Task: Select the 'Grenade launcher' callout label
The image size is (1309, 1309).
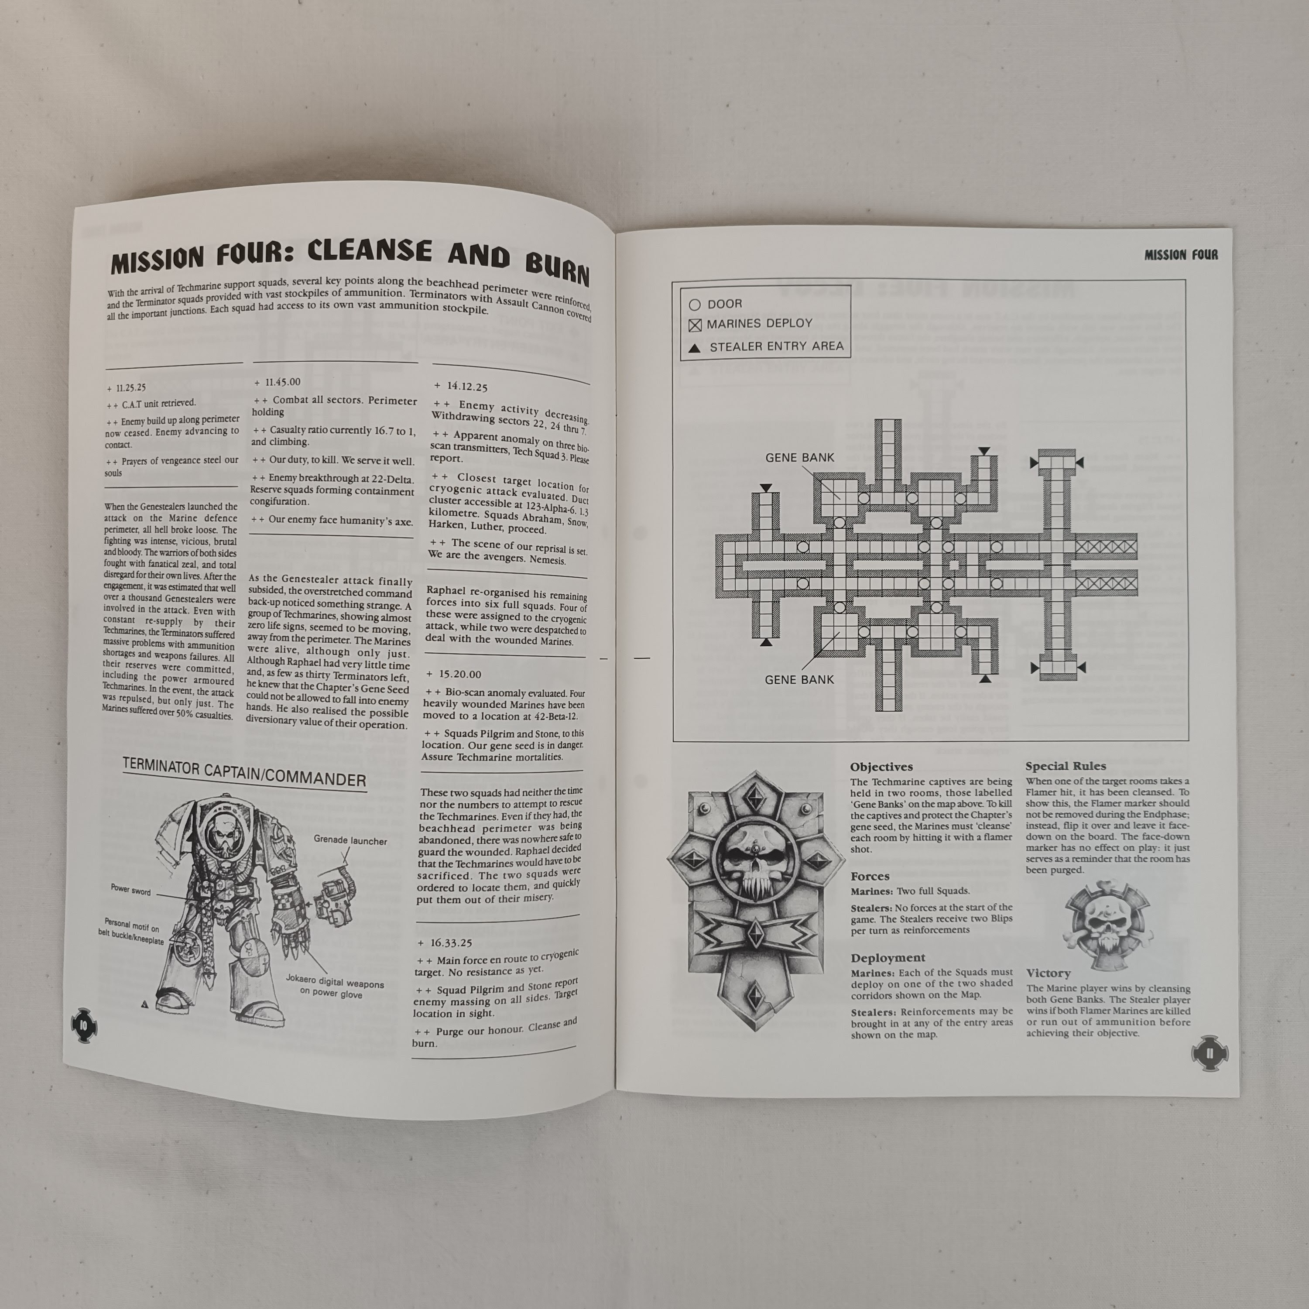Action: [350, 840]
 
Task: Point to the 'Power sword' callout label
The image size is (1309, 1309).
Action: [131, 890]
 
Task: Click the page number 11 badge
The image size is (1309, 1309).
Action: [1210, 1054]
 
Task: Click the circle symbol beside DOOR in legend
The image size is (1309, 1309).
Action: [695, 305]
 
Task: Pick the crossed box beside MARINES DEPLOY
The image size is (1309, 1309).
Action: [695, 325]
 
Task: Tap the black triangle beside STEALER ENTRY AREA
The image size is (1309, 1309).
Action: [695, 348]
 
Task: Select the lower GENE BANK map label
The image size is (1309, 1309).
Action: [799, 679]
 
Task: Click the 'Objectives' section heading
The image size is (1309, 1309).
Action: [881, 767]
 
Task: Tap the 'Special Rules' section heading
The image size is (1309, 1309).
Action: [1066, 766]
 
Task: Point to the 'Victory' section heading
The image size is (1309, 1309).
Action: [1048, 973]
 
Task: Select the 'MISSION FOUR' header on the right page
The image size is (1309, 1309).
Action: [1181, 255]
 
